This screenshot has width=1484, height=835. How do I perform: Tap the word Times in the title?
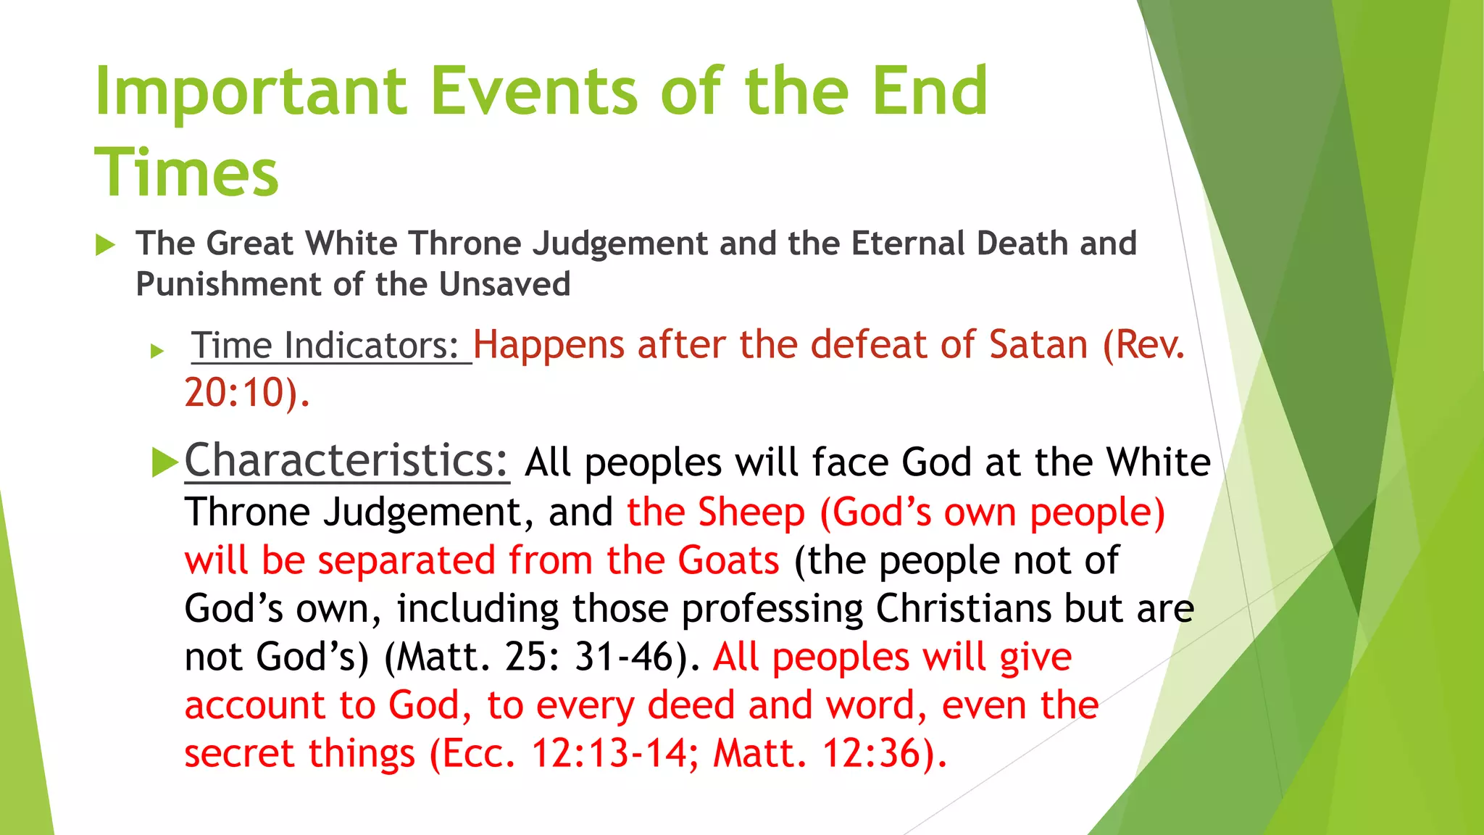click(x=186, y=173)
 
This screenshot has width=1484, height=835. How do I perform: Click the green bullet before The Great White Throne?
click(x=106, y=245)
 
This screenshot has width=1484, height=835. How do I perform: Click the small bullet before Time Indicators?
click(x=157, y=352)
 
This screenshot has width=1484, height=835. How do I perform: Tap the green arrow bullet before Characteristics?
click(x=165, y=462)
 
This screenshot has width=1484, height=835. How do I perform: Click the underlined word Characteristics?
click(x=346, y=461)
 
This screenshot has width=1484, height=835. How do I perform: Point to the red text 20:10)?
click(x=246, y=394)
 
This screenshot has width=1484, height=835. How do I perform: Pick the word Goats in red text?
click(x=728, y=561)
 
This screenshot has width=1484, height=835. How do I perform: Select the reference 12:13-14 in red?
click(x=609, y=754)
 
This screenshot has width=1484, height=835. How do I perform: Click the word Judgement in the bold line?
click(x=620, y=244)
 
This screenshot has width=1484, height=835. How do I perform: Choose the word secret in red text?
click(x=238, y=754)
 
